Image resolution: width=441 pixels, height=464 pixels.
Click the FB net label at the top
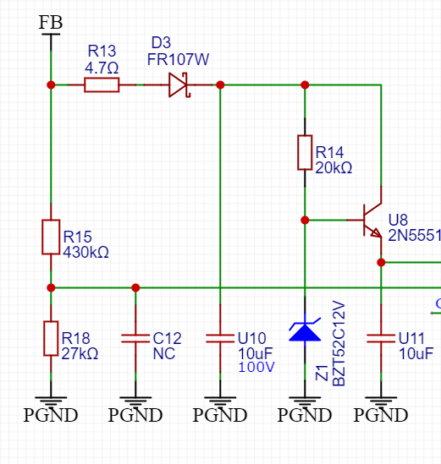click(x=51, y=23)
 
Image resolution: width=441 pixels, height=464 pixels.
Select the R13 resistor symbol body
click(x=102, y=85)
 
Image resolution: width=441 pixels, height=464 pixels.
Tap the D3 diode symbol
click(x=179, y=85)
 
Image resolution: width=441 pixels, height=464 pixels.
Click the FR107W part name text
click(x=178, y=59)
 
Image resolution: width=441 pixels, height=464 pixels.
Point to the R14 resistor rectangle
click(x=305, y=153)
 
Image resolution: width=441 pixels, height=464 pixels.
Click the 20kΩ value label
click(x=334, y=168)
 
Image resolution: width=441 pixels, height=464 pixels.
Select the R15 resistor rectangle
click(x=51, y=237)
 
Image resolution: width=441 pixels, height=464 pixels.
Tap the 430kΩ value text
click(x=86, y=253)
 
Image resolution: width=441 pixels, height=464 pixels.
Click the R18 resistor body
click(x=51, y=338)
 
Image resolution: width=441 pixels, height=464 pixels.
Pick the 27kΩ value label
click(x=80, y=353)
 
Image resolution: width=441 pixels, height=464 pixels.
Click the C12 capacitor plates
click(x=135, y=338)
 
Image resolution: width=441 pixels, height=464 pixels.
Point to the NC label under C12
click(x=164, y=353)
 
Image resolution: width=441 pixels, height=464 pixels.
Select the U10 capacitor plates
click(x=220, y=338)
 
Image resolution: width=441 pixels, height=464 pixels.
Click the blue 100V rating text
click(x=256, y=368)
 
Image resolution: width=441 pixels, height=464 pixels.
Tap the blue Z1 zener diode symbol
click(x=305, y=330)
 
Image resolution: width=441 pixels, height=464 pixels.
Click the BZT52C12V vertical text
click(x=339, y=343)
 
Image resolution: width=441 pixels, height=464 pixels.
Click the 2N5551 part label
click(x=414, y=236)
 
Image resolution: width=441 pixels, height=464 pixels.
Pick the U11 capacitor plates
click(x=381, y=338)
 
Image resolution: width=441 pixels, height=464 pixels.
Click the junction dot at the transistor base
click(x=305, y=220)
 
